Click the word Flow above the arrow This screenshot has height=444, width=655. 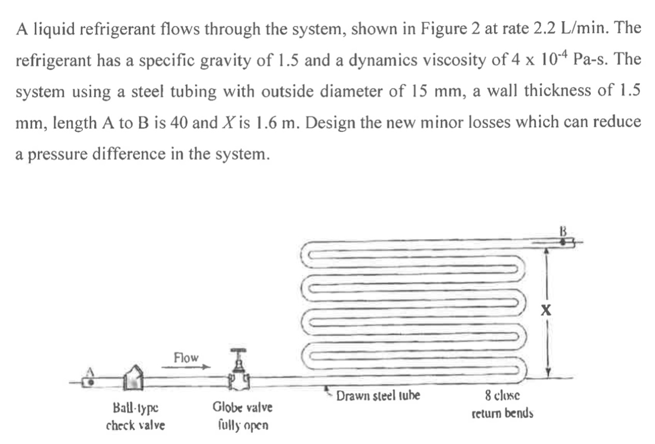(x=186, y=358)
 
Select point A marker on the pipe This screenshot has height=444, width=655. (x=90, y=382)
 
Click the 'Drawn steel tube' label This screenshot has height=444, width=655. (x=378, y=397)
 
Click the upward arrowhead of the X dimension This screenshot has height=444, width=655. (x=545, y=249)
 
